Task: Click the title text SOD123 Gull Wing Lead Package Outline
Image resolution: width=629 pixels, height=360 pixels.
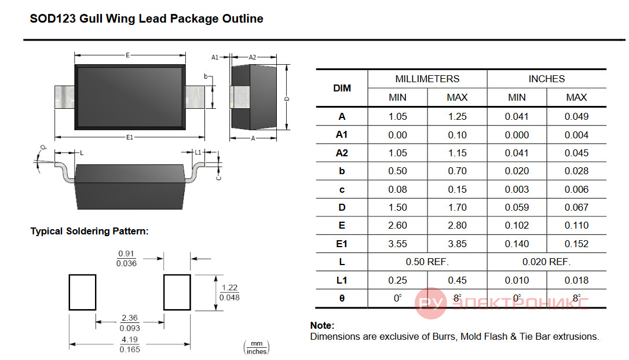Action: [x=147, y=19]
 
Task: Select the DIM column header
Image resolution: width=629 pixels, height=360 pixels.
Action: [x=342, y=88]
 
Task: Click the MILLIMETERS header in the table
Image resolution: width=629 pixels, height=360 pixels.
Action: [x=427, y=79]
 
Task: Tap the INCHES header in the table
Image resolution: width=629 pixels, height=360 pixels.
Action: [x=546, y=79]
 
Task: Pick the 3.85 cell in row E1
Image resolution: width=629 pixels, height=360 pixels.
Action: [x=458, y=244]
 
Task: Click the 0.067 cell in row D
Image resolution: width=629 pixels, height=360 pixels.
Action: [x=576, y=207]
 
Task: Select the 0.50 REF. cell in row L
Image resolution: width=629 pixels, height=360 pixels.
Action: [x=427, y=262]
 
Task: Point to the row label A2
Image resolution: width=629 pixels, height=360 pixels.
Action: [x=342, y=153]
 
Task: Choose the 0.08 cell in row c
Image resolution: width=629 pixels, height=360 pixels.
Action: [x=397, y=189]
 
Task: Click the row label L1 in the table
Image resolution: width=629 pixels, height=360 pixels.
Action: [x=342, y=280]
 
